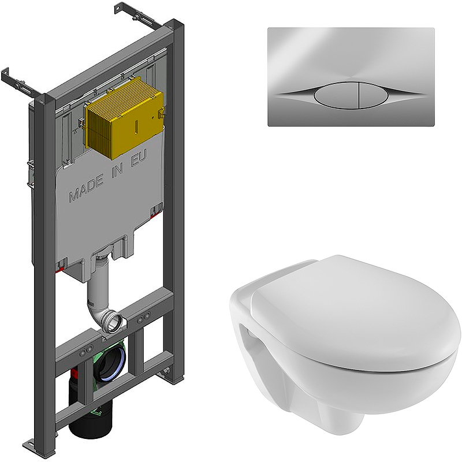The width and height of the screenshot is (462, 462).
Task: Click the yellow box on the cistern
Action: click(124, 118)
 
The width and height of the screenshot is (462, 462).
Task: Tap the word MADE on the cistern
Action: click(86, 188)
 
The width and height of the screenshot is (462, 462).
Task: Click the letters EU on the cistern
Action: click(139, 158)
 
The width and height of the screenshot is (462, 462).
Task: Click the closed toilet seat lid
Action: click(353, 312)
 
